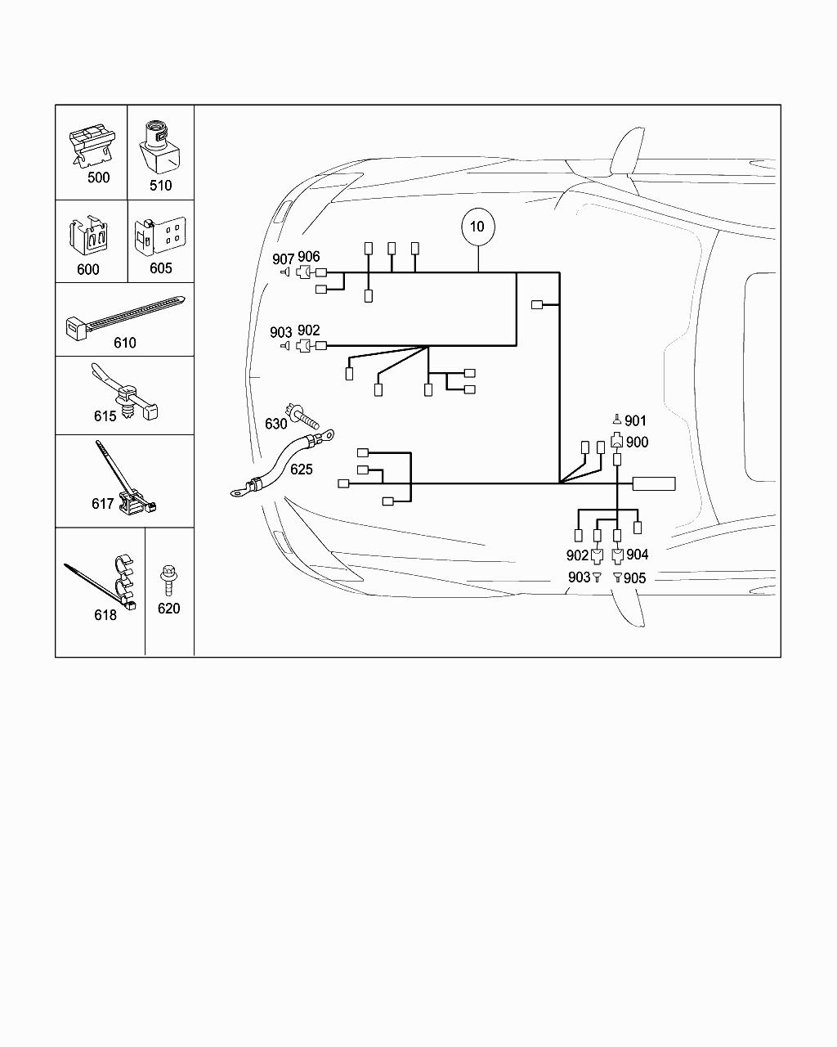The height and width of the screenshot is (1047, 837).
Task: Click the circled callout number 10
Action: pos(477,227)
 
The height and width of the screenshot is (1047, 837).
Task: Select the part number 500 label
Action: pos(98,177)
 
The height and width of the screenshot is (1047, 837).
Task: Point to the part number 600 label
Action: pos(87,269)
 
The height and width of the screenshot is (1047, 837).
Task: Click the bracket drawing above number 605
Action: pos(162,237)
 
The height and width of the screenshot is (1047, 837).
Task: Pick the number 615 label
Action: pos(105,416)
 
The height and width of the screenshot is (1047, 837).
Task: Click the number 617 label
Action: pos(102,504)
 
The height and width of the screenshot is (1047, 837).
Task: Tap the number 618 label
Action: pos(105,615)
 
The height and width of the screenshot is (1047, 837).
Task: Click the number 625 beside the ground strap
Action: pos(301,470)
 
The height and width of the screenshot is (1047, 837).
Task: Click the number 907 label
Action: pos(283,259)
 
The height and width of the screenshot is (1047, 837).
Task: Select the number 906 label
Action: pos(309,257)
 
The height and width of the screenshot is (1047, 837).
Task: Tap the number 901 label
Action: pos(635,420)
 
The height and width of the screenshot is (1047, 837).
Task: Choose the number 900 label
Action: pos(636,443)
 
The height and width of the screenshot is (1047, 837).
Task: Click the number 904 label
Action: pos(637,555)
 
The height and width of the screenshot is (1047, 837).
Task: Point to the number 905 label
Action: pos(635,577)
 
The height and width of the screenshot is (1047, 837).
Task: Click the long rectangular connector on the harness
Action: pos(654,483)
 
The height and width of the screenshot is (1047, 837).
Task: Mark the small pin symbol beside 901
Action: pos(617,419)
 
